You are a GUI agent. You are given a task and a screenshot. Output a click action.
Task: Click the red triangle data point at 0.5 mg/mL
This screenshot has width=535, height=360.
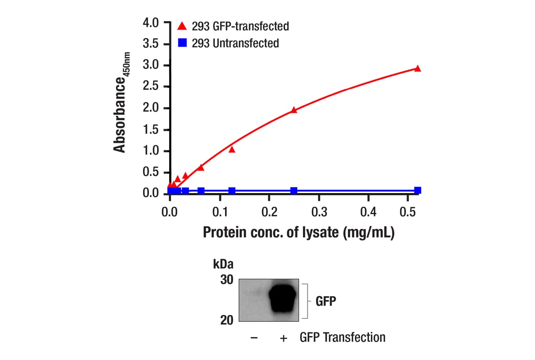[x=418, y=68]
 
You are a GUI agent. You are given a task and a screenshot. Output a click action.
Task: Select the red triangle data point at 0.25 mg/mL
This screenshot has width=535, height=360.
[x=294, y=110]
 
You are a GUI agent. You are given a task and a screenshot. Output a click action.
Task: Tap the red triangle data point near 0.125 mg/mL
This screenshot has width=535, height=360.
[x=232, y=150]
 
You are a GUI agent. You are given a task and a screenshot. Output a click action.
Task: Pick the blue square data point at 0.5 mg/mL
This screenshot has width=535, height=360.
[x=418, y=190]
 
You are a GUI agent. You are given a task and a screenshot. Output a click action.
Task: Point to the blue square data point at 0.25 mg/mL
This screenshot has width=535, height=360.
[x=294, y=191]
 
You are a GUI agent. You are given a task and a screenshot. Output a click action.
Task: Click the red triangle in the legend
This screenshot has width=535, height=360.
[x=182, y=25]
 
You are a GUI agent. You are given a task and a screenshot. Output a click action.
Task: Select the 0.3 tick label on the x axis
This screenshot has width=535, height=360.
[x=319, y=212]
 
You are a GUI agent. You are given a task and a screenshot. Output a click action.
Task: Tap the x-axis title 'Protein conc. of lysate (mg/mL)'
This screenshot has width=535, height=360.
[x=299, y=232]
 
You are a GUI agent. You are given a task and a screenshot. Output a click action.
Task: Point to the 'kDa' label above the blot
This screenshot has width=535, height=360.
[x=223, y=263]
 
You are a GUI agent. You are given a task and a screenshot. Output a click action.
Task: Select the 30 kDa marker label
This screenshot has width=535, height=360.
[x=226, y=280]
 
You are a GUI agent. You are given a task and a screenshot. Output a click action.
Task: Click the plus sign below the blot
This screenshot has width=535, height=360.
[x=283, y=338]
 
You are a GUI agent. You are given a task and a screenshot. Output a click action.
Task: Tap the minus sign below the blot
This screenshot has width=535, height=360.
[x=254, y=338]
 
